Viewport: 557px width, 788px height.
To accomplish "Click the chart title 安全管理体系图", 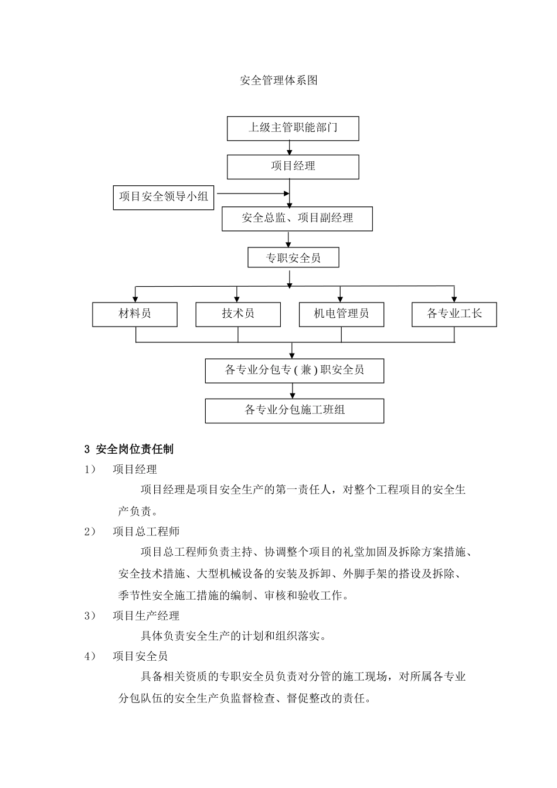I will (279, 81).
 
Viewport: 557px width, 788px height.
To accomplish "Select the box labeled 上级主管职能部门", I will (293, 128).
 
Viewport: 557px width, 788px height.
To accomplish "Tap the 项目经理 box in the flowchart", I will (293, 167).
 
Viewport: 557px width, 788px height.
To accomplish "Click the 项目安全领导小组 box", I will (164, 197).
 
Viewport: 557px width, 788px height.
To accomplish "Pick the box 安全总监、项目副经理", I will (297, 219).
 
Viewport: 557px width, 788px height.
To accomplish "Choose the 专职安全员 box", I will (293, 258).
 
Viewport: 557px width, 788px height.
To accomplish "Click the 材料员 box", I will (135, 314).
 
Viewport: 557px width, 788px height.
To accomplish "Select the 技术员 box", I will (237, 314).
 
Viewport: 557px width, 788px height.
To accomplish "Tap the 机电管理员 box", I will (341, 314).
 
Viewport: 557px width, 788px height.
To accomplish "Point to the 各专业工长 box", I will (454, 314).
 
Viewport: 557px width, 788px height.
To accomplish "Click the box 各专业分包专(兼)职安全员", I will (294, 371).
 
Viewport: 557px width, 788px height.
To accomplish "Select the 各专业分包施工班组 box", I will (294, 410).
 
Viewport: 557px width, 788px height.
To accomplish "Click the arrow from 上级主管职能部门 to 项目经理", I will (290, 148).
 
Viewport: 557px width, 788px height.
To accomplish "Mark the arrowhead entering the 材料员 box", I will (135, 299).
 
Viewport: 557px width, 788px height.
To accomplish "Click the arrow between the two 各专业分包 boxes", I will (293, 392).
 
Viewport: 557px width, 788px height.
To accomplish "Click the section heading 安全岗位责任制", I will (134, 450).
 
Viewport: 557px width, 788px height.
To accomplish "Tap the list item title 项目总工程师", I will (146, 532).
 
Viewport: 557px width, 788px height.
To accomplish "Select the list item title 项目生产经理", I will (146, 616).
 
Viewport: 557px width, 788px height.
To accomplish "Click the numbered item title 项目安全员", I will (140, 656).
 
